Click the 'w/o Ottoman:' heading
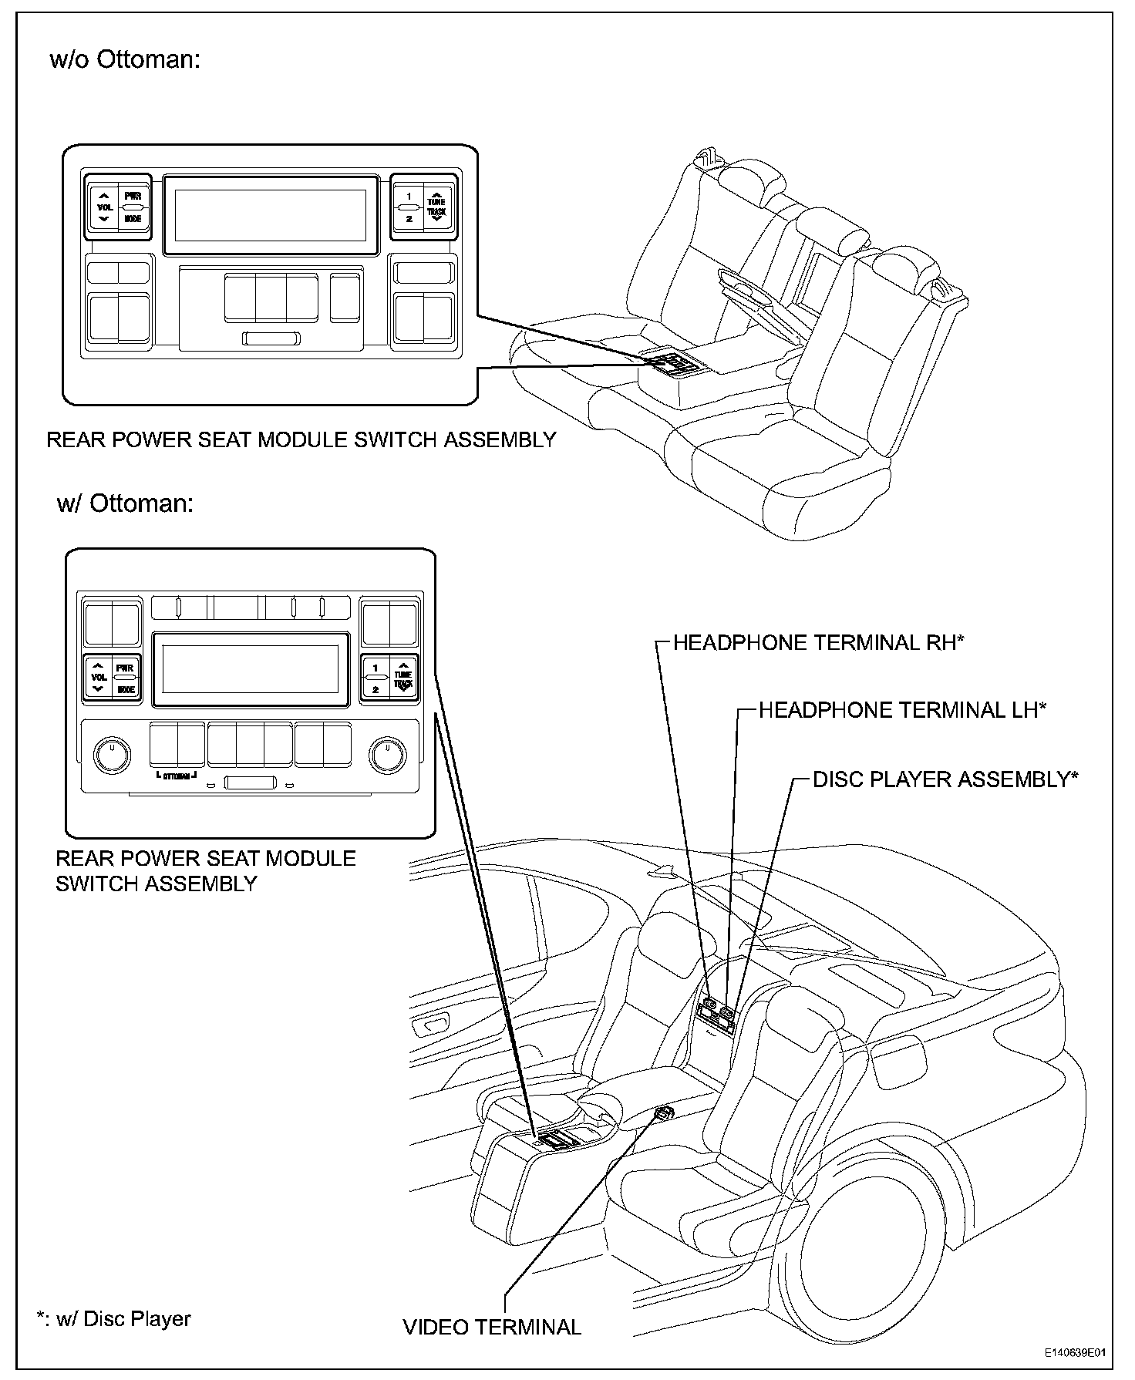[x=125, y=59]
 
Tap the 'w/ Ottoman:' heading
[x=125, y=503]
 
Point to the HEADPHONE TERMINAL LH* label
[x=902, y=710]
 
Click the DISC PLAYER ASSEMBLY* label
[x=945, y=779]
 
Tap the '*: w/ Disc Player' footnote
[x=114, y=1318]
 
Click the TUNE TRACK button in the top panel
[x=436, y=207]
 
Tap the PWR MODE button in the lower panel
[x=125, y=678]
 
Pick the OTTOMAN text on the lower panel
[x=177, y=776]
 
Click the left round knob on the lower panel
[x=113, y=755]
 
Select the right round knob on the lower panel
[x=388, y=755]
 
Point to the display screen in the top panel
[x=270, y=215]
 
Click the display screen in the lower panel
[x=251, y=668]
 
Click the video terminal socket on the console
[x=664, y=1112]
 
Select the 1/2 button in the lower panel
[x=376, y=678]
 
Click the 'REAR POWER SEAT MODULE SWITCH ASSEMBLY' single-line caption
[x=301, y=439]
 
